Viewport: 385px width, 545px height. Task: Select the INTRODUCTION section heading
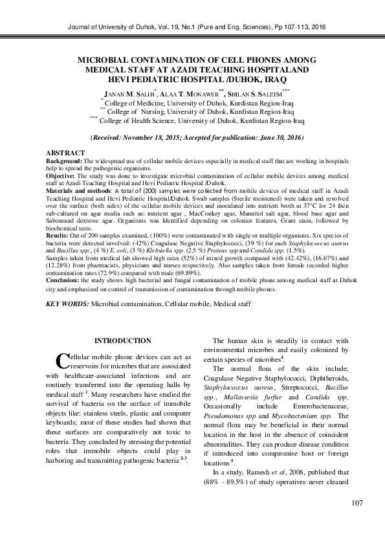(x=123, y=340)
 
